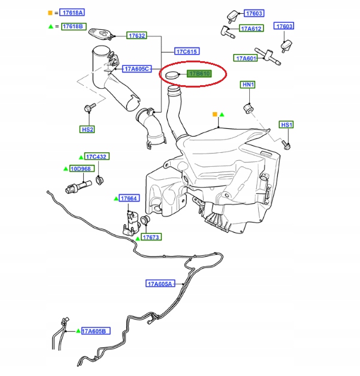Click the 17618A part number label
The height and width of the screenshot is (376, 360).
[x=72, y=12]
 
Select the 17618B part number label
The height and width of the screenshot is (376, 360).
[x=72, y=28]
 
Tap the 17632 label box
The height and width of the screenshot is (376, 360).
[x=137, y=36]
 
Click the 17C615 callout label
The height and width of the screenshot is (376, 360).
[x=187, y=52]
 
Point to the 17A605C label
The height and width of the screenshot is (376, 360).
[x=138, y=69]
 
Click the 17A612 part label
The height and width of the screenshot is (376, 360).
[x=251, y=28]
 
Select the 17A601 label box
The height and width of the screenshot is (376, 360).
[x=246, y=58]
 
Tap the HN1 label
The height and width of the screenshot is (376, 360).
[x=248, y=85]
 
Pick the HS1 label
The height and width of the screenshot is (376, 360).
[x=287, y=125]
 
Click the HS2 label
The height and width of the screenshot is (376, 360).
[x=87, y=129]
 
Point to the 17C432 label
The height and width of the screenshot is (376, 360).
[x=96, y=157]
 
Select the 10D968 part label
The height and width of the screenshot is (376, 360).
[x=81, y=169]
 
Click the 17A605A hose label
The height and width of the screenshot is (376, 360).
[x=160, y=283]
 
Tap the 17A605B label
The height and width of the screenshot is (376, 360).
[x=94, y=331]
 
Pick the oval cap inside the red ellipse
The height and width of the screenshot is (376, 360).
[x=173, y=75]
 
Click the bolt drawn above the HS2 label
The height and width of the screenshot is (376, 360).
[x=87, y=109]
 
